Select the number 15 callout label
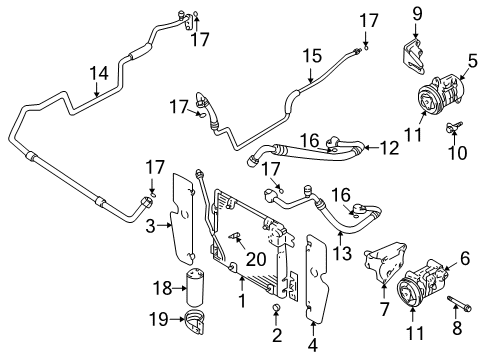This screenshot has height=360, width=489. point(312,56)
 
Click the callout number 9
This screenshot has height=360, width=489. point(418,14)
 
